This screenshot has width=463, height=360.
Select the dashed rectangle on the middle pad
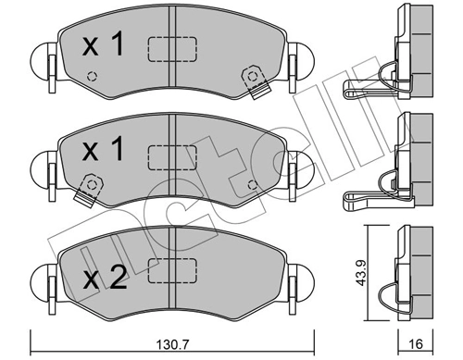tap(172, 154)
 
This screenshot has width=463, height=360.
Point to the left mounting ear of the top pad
tap(44, 64)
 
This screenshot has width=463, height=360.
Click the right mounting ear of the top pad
tap(298, 66)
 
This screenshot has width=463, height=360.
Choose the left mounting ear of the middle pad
tap(44, 171)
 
